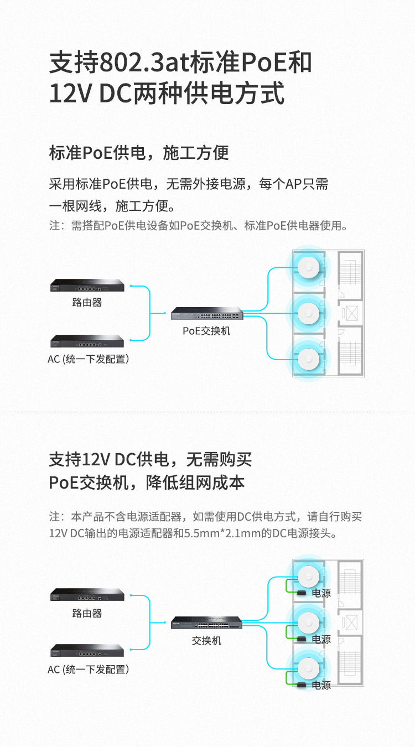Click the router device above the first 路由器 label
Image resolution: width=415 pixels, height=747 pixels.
coord(87,285)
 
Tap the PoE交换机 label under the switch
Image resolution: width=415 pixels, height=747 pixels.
coord(206,331)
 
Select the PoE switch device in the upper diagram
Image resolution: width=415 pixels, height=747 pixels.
coord(207,314)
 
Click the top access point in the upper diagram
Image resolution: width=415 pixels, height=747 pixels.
coord(308,267)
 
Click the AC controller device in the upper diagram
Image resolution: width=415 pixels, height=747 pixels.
coord(87,341)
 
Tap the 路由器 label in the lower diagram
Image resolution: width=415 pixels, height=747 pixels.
coord(87,613)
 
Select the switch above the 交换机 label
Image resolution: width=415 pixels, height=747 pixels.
coord(207,622)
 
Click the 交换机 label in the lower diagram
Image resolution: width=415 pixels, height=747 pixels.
coord(206,640)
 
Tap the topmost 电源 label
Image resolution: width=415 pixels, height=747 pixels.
coord(321,593)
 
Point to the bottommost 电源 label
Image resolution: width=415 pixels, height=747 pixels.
coord(321,685)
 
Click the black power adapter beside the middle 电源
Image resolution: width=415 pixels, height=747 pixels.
coord(302,639)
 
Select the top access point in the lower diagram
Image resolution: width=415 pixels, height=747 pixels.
coord(308,577)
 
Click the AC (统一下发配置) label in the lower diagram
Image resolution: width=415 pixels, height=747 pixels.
coord(89,670)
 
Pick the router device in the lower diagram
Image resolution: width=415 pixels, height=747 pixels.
coord(87,595)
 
